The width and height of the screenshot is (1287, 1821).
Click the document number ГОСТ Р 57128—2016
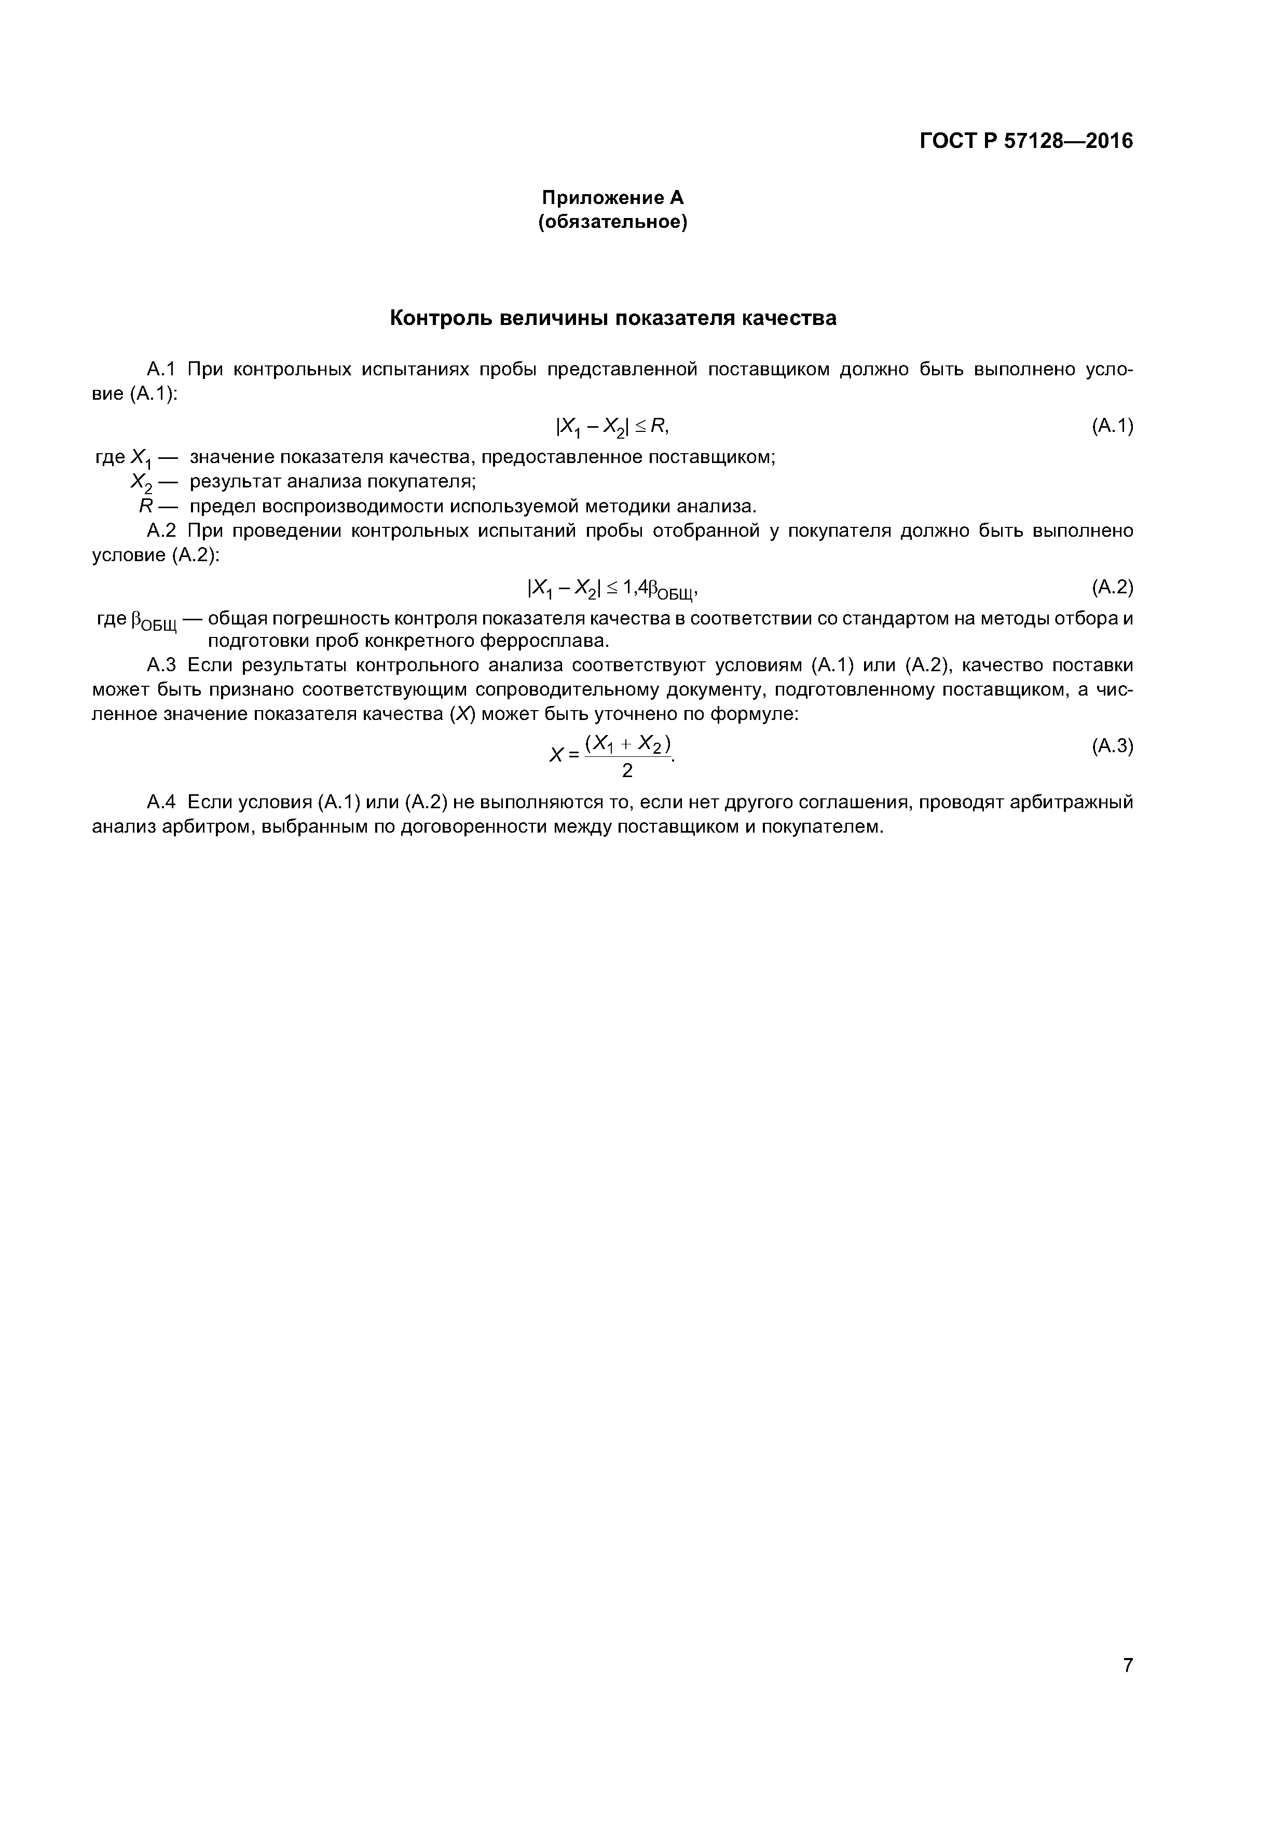1026,141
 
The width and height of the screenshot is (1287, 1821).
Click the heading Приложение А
612,197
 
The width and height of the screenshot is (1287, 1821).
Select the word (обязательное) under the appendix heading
612,223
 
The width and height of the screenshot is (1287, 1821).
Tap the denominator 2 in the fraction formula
627,770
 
